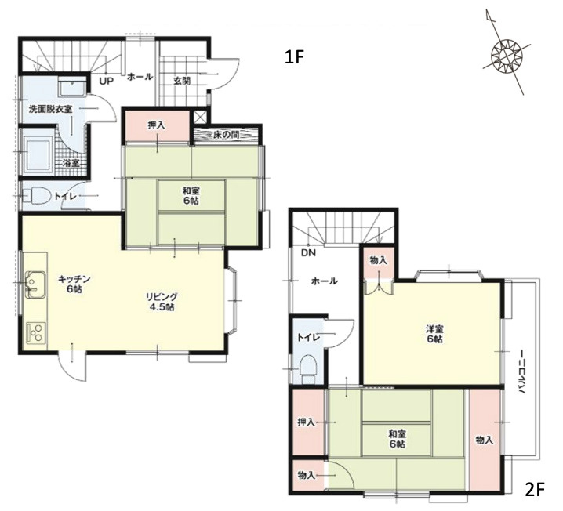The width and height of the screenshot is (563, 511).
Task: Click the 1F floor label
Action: [294, 57]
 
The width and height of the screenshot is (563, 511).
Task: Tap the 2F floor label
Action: [535, 490]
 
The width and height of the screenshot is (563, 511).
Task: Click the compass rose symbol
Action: [507, 55]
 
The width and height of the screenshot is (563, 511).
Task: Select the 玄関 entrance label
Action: [182, 81]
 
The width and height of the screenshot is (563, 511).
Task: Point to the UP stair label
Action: [107, 81]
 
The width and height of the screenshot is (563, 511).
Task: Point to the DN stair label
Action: [308, 253]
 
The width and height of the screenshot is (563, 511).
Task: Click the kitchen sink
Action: [35, 284]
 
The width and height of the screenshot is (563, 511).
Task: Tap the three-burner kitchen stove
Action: [36, 333]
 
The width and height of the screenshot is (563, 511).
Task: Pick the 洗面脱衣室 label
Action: [50, 109]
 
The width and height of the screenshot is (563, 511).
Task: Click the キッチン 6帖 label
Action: [74, 284]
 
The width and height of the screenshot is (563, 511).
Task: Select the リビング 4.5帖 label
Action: [162, 302]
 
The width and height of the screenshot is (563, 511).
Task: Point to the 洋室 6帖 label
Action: [435, 334]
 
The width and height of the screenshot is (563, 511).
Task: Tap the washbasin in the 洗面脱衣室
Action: [73, 86]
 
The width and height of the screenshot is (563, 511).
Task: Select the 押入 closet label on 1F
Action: [157, 125]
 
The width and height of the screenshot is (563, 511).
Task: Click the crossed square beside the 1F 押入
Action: [198, 117]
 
